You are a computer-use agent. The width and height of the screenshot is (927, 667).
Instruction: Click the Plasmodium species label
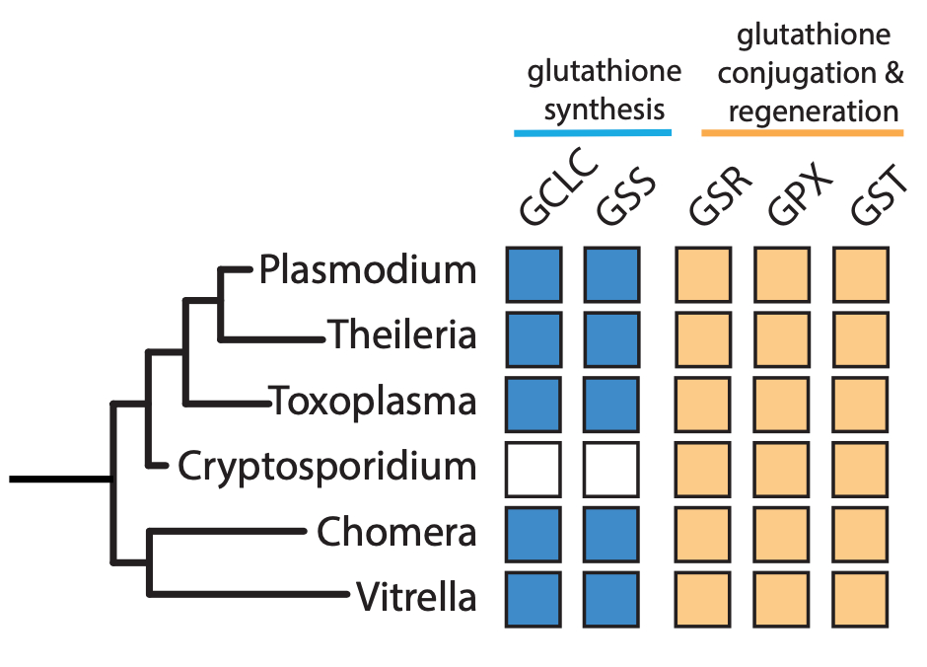click(x=368, y=269)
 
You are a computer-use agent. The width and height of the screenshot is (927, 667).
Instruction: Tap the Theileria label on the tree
click(x=402, y=335)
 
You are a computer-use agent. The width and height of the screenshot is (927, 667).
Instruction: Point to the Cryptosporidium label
click(x=327, y=466)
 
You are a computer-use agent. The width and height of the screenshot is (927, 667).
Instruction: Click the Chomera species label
click(x=396, y=533)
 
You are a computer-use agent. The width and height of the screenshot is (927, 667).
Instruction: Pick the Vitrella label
click(x=415, y=597)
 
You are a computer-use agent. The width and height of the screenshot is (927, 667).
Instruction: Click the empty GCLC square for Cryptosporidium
click(x=534, y=469)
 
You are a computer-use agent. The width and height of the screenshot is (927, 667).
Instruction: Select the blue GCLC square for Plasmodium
click(x=534, y=273)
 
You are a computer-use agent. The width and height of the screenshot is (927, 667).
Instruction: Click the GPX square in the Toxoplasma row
click(x=782, y=404)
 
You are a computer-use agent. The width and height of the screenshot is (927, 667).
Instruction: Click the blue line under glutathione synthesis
click(x=592, y=131)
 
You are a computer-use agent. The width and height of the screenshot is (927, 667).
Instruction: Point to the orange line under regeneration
click(x=802, y=131)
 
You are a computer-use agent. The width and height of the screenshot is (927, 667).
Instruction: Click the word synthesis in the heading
click(x=604, y=108)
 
